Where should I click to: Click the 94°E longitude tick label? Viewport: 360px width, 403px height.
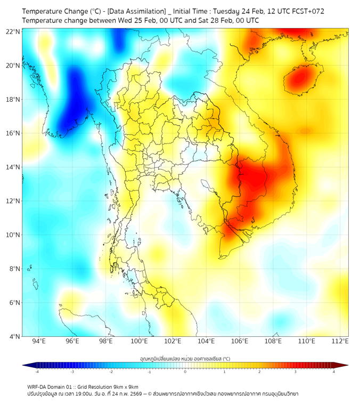point(39,342)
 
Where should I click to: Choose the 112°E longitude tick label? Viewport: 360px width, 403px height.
point(340,342)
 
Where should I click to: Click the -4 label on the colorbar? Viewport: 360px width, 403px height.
point(37,372)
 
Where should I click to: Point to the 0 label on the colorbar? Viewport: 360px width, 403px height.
point(185,372)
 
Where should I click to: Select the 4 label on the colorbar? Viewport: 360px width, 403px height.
point(333,372)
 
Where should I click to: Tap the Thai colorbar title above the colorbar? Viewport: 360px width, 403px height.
point(185,359)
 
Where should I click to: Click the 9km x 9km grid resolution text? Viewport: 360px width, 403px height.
point(125,386)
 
